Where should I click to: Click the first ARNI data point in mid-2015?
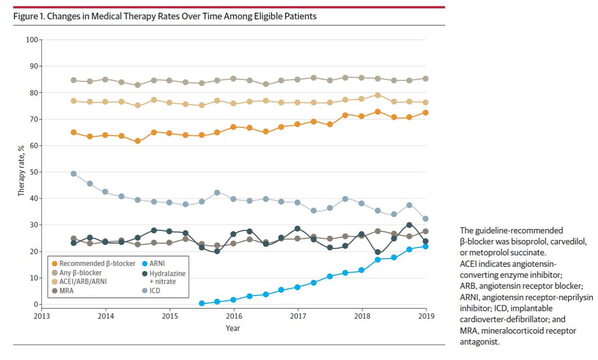[x=202, y=303]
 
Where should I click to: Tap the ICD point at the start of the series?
[x=73, y=174]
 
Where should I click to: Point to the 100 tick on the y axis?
[x=32, y=39]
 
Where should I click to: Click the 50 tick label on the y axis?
[x=33, y=172]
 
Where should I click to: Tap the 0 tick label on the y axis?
[x=35, y=304]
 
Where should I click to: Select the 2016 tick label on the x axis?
[x=234, y=316]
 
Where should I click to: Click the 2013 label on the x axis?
[x=41, y=316]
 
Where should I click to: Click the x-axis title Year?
[x=232, y=329]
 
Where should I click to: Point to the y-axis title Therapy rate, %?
[x=21, y=171]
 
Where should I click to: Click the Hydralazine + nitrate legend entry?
[x=160, y=276]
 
